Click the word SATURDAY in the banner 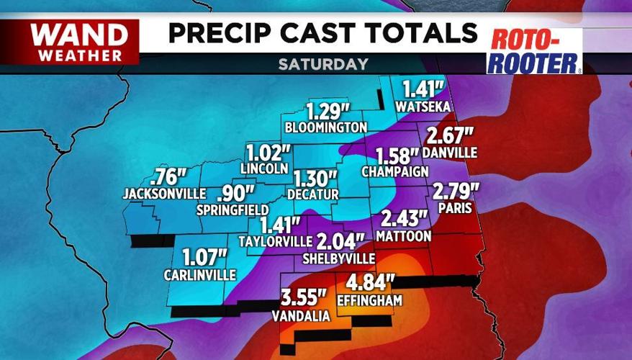[323, 64]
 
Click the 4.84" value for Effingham [371, 283]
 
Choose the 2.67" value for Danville [450, 135]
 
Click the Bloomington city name [326, 127]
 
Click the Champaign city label [395, 171]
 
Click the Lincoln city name [259, 168]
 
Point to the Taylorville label [276, 241]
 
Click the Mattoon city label [406, 236]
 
